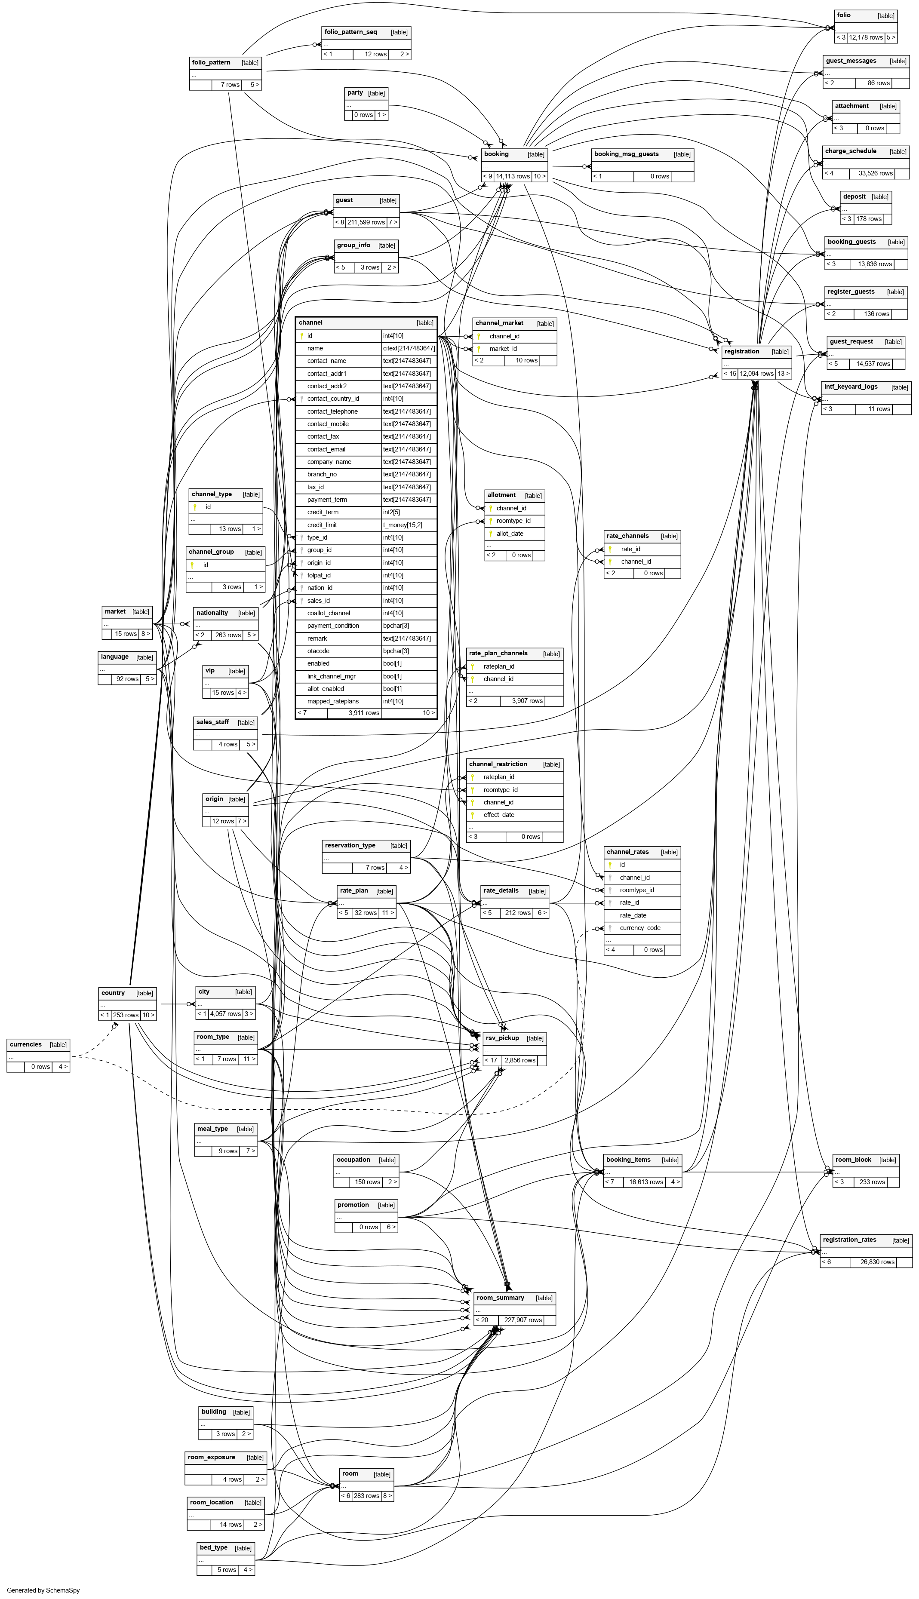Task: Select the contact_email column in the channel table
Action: (x=326, y=449)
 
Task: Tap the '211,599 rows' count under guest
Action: (x=366, y=222)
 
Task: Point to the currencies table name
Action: (x=26, y=1044)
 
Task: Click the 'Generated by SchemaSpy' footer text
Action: (x=43, y=1590)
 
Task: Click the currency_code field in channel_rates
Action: (x=639, y=927)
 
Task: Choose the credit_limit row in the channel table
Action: (x=323, y=525)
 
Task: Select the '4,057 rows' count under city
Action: (x=225, y=1013)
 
